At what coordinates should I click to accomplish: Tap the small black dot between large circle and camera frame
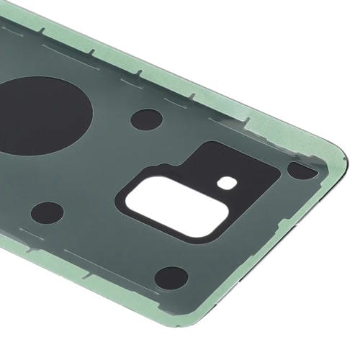click(x=146, y=119)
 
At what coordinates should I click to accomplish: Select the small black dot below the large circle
click(x=48, y=212)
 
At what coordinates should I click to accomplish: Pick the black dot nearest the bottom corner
click(x=171, y=277)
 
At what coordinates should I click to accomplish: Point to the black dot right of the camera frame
click(x=301, y=171)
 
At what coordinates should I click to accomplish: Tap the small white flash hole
click(x=227, y=183)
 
